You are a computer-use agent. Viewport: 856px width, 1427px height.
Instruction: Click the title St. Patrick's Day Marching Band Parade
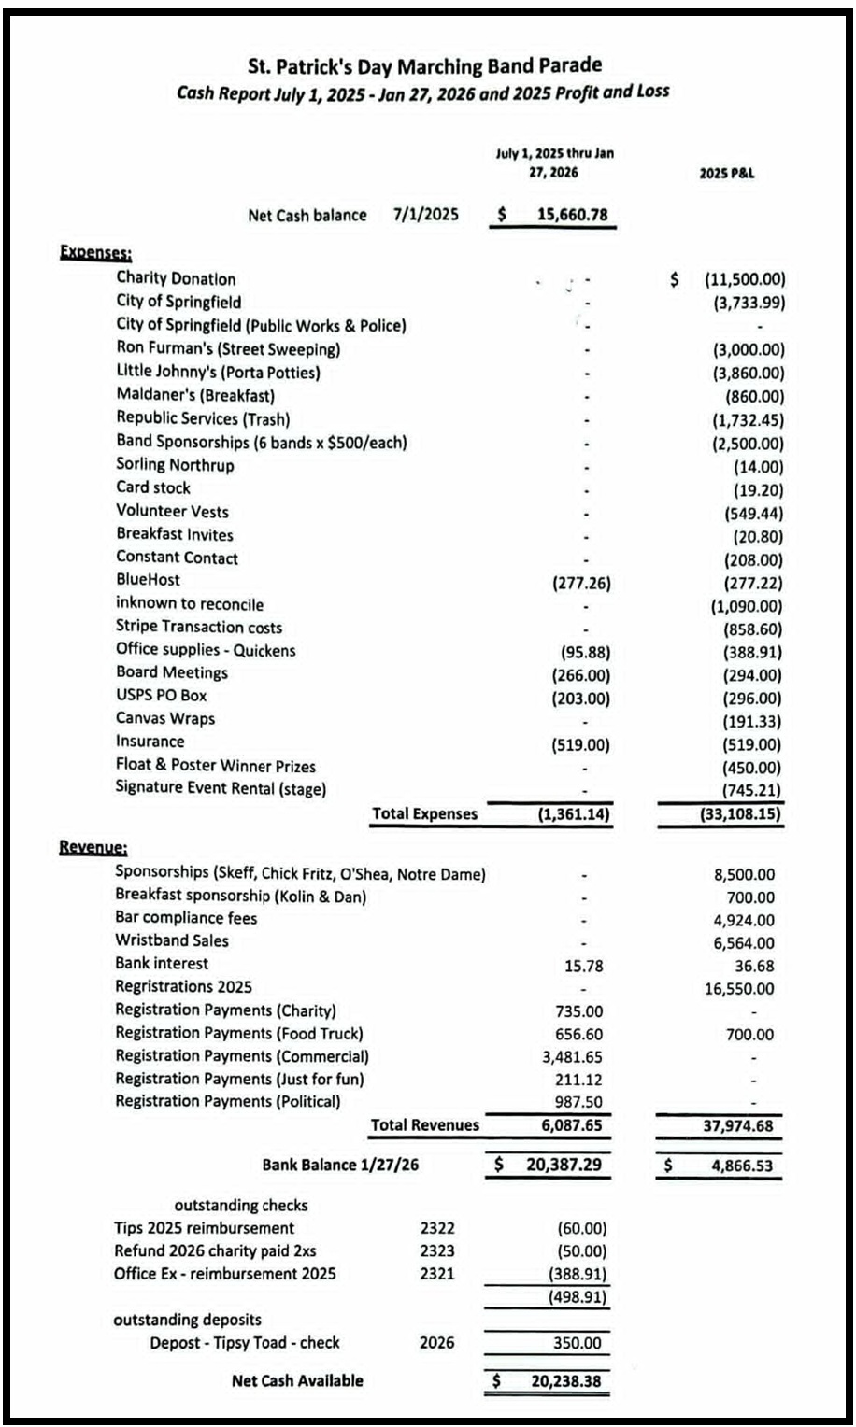(x=424, y=65)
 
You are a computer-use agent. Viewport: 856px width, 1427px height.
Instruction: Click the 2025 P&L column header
(x=726, y=173)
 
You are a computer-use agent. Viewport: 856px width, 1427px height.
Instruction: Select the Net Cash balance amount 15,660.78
(x=572, y=215)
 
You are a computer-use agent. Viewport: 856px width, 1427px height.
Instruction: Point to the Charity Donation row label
(x=176, y=278)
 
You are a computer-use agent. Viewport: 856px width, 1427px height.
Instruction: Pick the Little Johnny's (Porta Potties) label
(x=218, y=372)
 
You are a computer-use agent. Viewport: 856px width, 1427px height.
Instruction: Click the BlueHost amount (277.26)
(x=582, y=583)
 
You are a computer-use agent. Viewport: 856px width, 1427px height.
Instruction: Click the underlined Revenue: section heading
(x=93, y=847)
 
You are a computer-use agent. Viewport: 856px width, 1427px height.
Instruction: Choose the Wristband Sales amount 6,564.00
(x=744, y=943)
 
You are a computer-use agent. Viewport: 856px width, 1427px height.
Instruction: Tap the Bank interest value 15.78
(x=584, y=966)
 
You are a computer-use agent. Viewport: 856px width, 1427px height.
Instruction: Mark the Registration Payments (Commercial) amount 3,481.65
(x=572, y=1057)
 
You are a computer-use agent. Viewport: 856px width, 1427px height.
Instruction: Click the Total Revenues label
(x=424, y=1125)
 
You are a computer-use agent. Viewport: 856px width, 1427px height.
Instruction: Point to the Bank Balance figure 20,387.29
(x=564, y=1166)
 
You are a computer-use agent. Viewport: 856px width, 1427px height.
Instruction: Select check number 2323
(x=437, y=1250)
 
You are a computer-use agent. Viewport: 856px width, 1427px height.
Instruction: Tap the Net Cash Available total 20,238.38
(x=566, y=1381)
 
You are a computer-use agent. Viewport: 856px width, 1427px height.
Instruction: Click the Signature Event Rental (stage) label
(x=221, y=788)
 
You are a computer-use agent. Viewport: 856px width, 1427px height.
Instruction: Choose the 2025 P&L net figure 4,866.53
(x=738, y=1166)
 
